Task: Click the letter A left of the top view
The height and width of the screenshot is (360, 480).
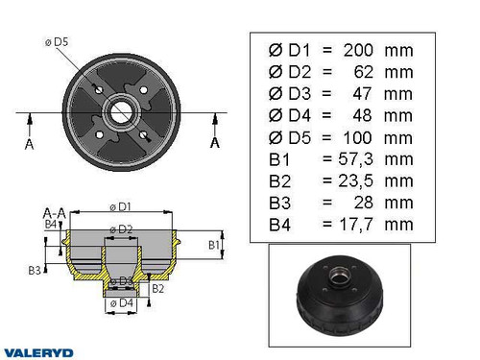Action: pyautogui.click(x=31, y=144)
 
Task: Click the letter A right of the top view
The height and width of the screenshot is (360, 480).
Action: pyautogui.click(x=214, y=144)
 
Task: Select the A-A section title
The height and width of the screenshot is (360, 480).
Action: pyautogui.click(x=54, y=212)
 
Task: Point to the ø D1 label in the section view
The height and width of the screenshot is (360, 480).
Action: pyautogui.click(x=121, y=206)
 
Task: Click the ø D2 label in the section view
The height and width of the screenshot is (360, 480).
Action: pyautogui.click(x=120, y=228)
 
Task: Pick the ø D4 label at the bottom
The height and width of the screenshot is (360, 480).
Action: pyautogui.click(x=120, y=304)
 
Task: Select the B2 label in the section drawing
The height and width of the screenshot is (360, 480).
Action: pyautogui.click(x=158, y=287)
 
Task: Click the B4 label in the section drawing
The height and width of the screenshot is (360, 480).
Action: pyautogui.click(x=51, y=225)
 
